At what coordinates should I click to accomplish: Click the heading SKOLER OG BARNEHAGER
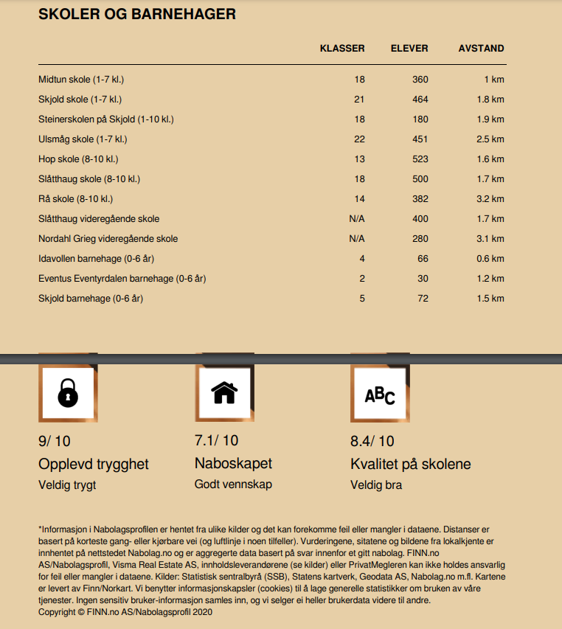[136, 14]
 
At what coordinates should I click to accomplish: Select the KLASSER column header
[342, 49]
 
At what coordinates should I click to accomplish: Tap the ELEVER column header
[409, 49]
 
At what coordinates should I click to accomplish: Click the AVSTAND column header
[481, 49]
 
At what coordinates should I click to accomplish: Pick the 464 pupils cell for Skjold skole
[420, 100]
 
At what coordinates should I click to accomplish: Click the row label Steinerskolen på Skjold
[105, 119]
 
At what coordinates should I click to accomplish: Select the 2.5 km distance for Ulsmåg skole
[490, 139]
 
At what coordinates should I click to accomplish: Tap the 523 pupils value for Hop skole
[420, 159]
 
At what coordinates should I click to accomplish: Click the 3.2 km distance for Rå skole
[490, 199]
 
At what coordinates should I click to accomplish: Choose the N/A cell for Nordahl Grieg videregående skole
[356, 239]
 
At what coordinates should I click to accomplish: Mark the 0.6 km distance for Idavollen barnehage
[490, 259]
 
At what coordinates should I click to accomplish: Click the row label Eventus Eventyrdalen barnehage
[122, 279]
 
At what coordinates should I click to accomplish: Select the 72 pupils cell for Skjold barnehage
[422, 299]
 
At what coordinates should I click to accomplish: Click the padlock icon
[67, 395]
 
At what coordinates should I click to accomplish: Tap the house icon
[224, 393]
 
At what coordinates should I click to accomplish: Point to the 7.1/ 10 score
[216, 441]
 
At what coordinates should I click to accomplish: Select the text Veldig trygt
[67, 485]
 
